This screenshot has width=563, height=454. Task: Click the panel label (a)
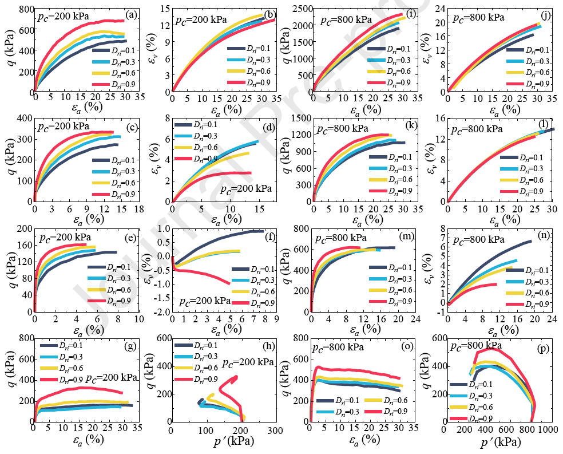[132, 15]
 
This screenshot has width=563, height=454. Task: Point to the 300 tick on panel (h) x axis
[275, 429]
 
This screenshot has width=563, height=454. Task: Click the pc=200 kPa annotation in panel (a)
[64, 17]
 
